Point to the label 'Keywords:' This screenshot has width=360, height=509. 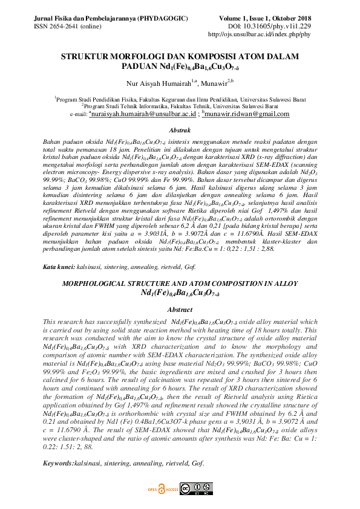pyautogui.click(x=58, y=462)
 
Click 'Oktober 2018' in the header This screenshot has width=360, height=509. pyautogui.click(x=293, y=19)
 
